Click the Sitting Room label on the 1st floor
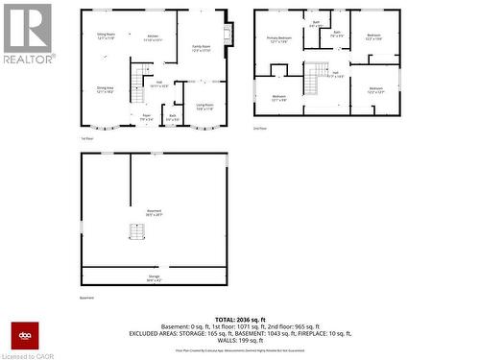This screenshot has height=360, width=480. (106, 36)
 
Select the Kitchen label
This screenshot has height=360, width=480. (152, 38)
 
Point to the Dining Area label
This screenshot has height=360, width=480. (106, 89)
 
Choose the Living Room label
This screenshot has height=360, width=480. (205, 107)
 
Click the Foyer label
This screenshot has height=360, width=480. (147, 117)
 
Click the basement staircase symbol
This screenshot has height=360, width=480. (136, 233)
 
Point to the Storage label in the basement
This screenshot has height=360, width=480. (154, 278)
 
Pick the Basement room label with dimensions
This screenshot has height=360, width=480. (154, 215)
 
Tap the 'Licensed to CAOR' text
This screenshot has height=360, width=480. (30, 354)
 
